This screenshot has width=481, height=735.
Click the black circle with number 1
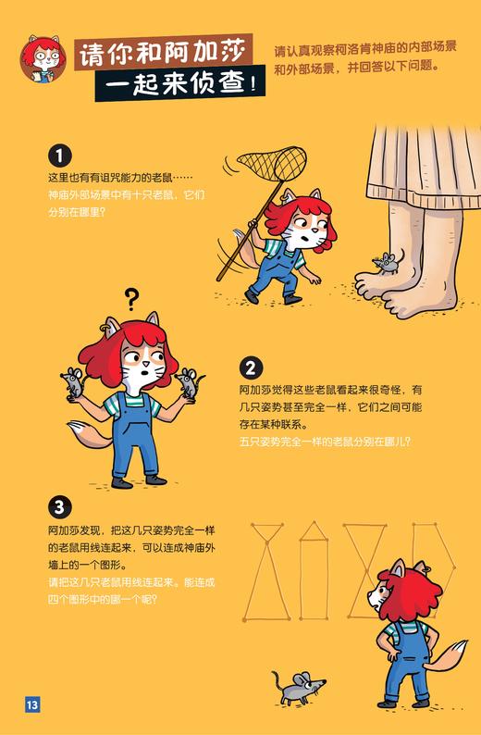pyautogui.click(x=59, y=155)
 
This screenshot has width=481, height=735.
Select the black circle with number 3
pyautogui.click(x=59, y=506)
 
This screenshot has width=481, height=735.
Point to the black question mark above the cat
pyautogui.click(x=131, y=299)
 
